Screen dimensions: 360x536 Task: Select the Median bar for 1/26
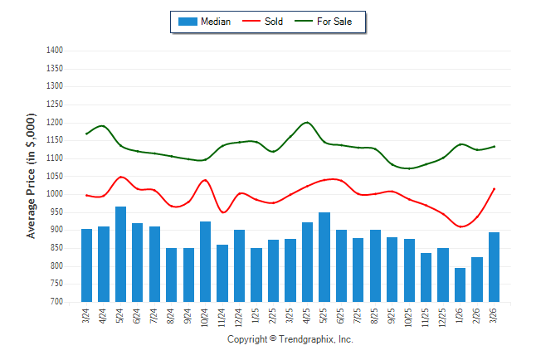pos(460,285)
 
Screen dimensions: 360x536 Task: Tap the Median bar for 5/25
pos(324,257)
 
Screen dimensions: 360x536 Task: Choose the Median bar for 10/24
pos(206,261)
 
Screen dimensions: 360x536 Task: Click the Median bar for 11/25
pos(426,277)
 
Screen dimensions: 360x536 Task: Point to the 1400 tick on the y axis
pos(56,51)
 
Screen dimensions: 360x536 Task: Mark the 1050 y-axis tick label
pos(56,177)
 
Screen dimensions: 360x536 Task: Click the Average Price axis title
pos(32,176)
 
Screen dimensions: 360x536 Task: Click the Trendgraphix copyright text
pos(290,339)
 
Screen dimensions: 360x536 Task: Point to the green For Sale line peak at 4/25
pos(308,122)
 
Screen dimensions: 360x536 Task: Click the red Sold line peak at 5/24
pos(121,177)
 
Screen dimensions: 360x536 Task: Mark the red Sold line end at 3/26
pos(495,188)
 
